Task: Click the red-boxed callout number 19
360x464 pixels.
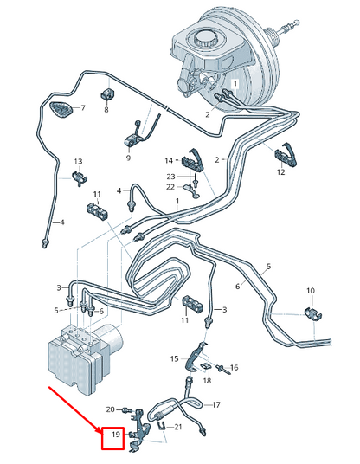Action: (116, 434)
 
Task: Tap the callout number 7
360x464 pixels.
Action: (83, 107)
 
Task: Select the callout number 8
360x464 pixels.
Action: (106, 109)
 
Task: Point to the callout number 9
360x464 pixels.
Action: (128, 158)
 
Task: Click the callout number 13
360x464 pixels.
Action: (78, 162)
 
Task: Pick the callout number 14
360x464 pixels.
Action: (169, 161)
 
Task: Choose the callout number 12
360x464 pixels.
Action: (281, 171)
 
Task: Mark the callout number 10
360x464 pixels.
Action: (311, 291)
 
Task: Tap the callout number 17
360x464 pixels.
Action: (216, 404)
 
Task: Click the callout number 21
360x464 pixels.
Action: (177, 427)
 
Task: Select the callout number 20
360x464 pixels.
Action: (111, 409)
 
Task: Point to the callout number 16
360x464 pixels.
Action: (234, 368)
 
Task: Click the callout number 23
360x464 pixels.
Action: (171, 177)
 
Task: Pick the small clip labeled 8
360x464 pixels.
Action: (107, 93)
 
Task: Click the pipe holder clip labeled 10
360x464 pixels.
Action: (313, 314)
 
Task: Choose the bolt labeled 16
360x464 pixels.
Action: (223, 369)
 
